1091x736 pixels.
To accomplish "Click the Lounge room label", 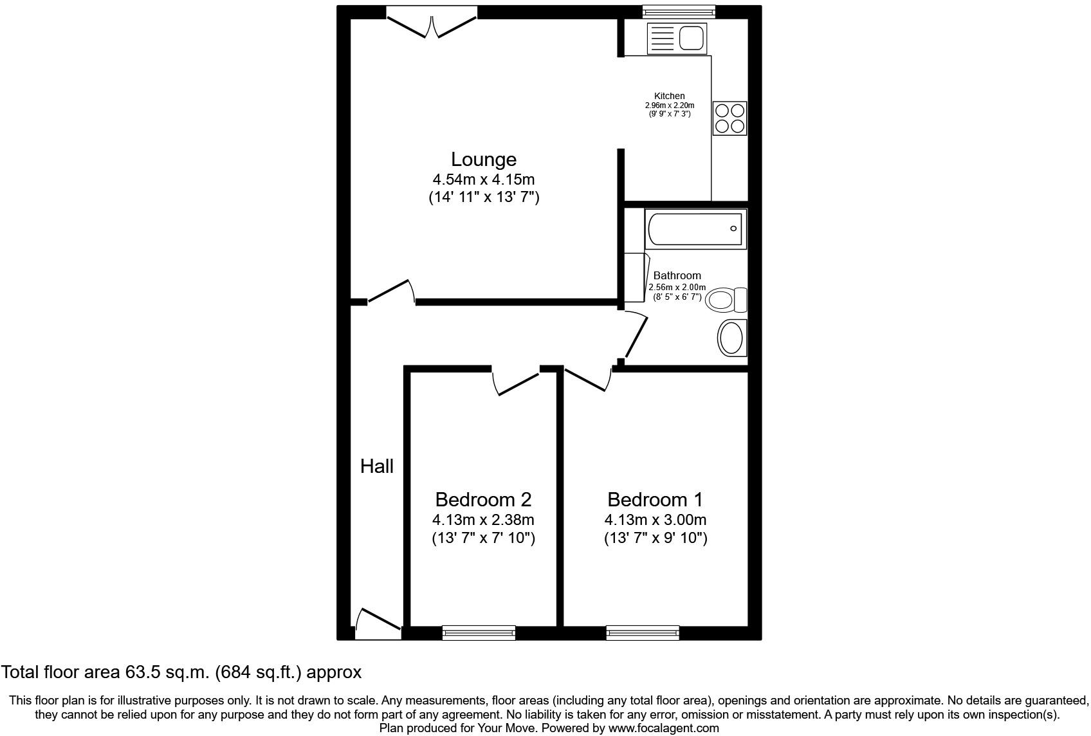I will tap(483, 159).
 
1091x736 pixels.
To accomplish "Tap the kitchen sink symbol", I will tap(676, 38).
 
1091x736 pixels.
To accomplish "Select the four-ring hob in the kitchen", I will tap(730, 118).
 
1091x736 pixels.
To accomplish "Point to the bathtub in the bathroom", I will tap(695, 228).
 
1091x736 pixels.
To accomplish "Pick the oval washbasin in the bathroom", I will tap(731, 338).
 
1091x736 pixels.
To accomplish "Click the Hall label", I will tap(376, 466).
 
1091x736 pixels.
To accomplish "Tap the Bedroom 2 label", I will tap(483, 499).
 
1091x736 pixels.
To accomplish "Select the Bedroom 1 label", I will tap(655, 499).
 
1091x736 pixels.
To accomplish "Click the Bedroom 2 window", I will tap(479, 632).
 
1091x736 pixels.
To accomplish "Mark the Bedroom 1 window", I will tap(643, 632).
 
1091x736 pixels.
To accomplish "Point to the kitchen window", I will tap(679, 11).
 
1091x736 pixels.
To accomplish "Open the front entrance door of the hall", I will tap(378, 625).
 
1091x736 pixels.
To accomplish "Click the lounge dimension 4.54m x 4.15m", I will tap(483, 179).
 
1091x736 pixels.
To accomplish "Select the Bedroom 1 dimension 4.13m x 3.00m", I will tap(655, 520).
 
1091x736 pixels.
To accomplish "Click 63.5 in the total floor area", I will tap(137, 672).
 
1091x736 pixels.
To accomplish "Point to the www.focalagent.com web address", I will tap(663, 728).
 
